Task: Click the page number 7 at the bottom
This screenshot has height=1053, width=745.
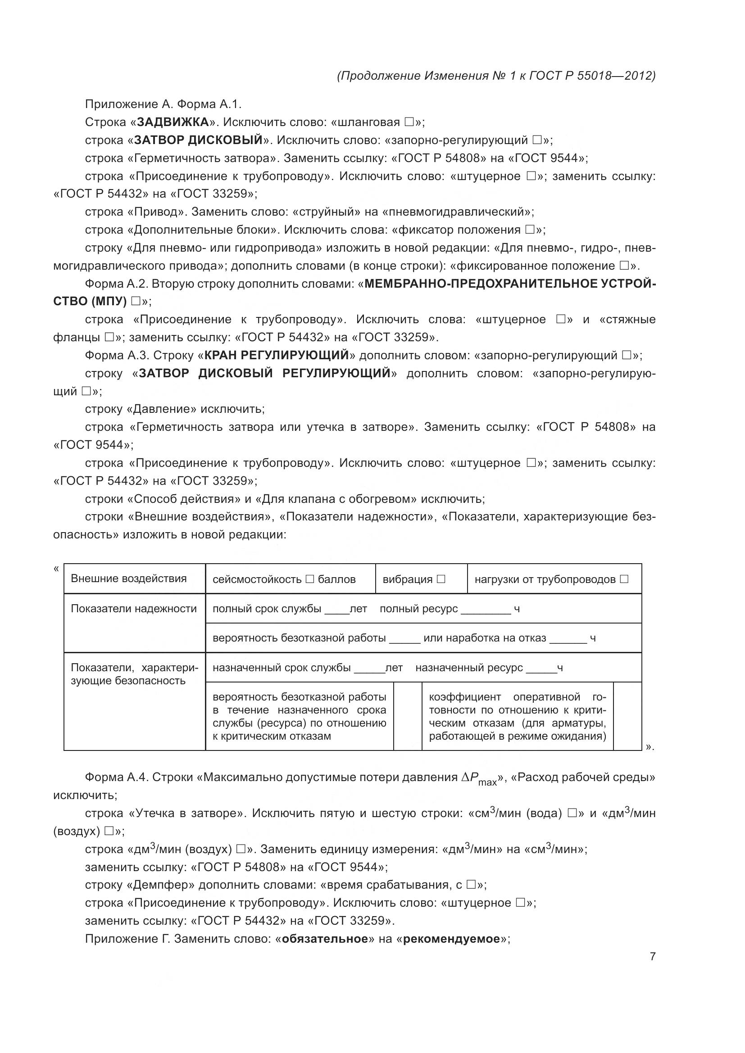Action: [652, 956]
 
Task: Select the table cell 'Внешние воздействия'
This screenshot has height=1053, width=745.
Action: [129, 578]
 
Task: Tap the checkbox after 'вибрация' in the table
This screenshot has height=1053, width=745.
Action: [441, 579]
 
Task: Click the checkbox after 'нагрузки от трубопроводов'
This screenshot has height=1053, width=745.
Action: [624, 579]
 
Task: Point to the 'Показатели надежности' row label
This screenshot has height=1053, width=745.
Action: [133, 609]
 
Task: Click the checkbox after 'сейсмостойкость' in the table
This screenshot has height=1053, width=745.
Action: [309, 579]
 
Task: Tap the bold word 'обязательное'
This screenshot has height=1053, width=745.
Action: [325, 939]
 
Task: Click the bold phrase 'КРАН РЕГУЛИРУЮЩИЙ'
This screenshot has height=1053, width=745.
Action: [277, 356]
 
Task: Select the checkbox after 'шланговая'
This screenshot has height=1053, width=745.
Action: [409, 122]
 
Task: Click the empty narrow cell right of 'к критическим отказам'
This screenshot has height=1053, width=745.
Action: [407, 716]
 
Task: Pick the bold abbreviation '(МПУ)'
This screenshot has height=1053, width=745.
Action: [109, 301]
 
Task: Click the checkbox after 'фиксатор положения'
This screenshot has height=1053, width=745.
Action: [530, 230]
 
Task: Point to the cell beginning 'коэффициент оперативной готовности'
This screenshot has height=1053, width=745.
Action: [517, 716]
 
